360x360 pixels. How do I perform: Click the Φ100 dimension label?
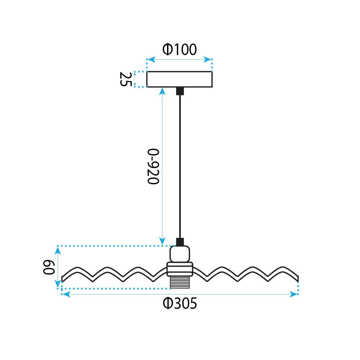pyautogui.click(x=180, y=49)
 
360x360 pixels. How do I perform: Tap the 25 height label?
pyautogui.click(x=126, y=79)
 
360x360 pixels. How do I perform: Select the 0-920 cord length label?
pyautogui.click(x=153, y=166)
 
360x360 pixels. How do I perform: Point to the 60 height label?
pyautogui.click(x=49, y=267)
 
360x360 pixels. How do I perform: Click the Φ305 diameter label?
pyautogui.click(x=180, y=303)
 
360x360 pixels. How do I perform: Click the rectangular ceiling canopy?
pyautogui.click(x=180, y=80)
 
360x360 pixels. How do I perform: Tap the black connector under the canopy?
pyautogui.click(x=180, y=91)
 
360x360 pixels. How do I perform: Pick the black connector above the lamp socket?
pyautogui.click(x=180, y=242)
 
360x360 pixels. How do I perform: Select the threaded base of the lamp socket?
pyautogui.click(x=180, y=282)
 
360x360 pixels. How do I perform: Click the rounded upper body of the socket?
pyautogui.click(x=180, y=254)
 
